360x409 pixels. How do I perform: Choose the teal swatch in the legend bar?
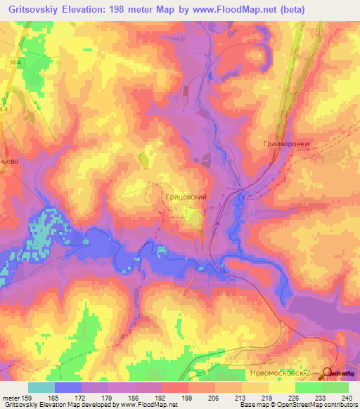pyautogui.click(x=41, y=387)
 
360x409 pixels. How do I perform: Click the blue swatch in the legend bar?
pyautogui.click(x=68, y=387)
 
